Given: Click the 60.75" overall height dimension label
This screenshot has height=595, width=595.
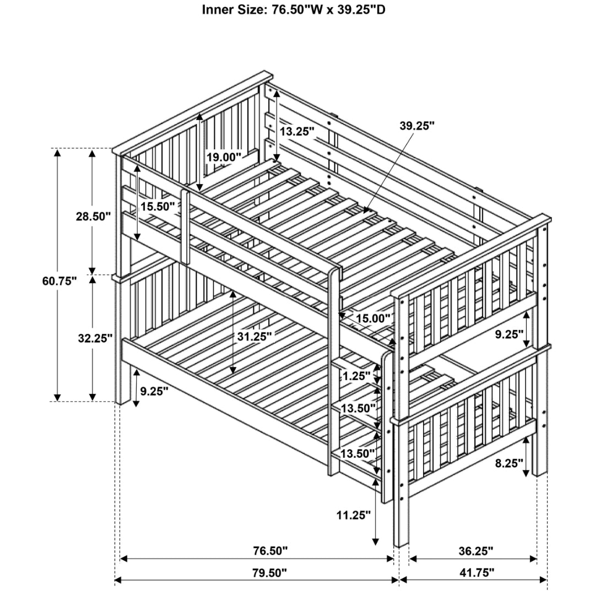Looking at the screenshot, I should (59, 281).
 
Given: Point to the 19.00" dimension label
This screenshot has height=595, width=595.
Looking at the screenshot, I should (224, 157).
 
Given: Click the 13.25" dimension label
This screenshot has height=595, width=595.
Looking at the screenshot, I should (297, 131).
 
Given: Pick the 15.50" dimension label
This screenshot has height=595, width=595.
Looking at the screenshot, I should (158, 207).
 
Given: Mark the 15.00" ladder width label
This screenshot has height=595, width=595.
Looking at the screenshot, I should (372, 318).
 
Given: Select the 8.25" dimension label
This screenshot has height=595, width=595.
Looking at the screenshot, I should (509, 463).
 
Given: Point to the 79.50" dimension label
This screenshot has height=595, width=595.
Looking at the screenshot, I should (269, 573).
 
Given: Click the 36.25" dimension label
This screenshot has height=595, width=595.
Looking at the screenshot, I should (475, 550).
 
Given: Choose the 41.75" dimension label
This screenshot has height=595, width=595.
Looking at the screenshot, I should (477, 573).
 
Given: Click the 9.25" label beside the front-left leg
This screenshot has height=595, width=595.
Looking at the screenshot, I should (154, 391).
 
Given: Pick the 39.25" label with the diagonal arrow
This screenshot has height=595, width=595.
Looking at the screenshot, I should (417, 126).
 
